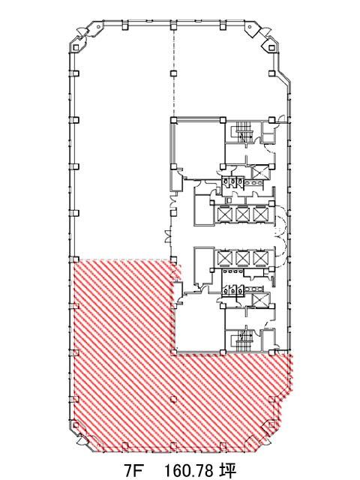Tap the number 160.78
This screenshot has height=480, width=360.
click(190, 469)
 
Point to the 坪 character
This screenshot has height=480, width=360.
click(228, 469)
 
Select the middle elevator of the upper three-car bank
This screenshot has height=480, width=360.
click(243, 214)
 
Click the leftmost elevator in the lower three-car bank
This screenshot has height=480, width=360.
click(224, 258)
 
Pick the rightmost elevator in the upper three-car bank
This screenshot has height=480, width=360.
click(260, 214)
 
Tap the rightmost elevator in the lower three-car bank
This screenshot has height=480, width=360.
click(260, 258)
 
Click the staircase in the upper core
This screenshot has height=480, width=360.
click(243, 132)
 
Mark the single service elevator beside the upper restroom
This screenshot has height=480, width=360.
click(260, 172)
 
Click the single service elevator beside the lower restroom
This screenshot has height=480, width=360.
click(260, 300)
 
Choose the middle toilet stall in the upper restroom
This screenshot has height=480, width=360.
click(233, 181)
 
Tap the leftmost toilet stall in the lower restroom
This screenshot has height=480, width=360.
click(226, 290)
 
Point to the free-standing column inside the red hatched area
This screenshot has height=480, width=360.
click(173, 399)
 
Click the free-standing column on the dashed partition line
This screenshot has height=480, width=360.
click(173, 73)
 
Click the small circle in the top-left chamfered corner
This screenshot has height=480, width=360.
click(98, 27)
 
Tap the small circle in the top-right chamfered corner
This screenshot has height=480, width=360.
click(250, 27)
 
